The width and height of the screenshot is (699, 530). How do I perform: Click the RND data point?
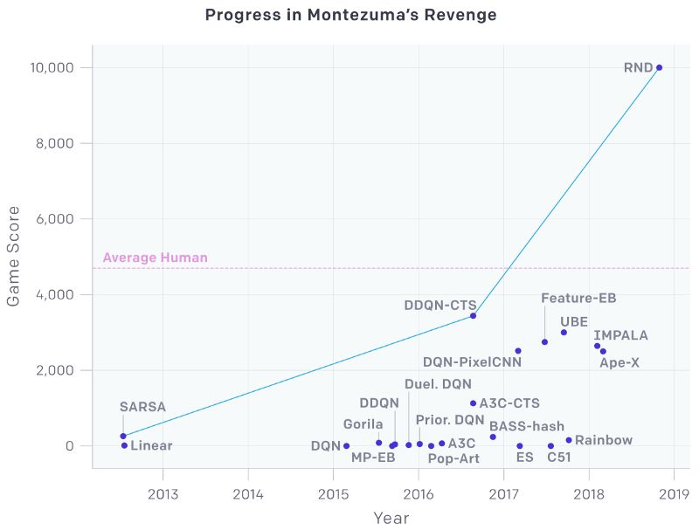[x=660, y=68]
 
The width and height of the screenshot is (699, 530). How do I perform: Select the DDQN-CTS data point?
[x=473, y=316]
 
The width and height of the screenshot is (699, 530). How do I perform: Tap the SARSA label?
[x=142, y=407]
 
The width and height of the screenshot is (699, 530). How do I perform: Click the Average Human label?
[x=156, y=258]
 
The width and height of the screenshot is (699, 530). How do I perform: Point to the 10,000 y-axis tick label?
[x=52, y=68]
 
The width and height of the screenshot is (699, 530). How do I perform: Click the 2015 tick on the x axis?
[x=333, y=494]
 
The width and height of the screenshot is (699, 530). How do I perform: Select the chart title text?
[x=351, y=15]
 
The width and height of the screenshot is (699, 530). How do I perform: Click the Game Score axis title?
[x=13, y=256]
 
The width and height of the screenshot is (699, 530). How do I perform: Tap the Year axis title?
[x=391, y=518]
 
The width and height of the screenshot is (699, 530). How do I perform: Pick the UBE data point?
[x=564, y=333]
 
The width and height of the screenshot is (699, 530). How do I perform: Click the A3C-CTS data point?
[x=473, y=403]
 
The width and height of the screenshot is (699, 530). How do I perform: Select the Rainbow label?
[x=604, y=440]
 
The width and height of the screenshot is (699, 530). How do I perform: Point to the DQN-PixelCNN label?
[x=472, y=362]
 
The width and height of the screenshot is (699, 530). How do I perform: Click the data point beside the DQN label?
[x=346, y=446]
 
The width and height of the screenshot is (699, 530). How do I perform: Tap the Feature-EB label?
[x=578, y=298]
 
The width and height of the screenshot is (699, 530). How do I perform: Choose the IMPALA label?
[x=620, y=335]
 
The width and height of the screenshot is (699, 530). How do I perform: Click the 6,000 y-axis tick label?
[x=54, y=218]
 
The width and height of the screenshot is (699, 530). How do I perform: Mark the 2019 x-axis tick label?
[x=674, y=494]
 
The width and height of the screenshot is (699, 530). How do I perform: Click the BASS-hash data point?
[x=493, y=437]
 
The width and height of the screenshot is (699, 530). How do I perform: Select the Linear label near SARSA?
[x=151, y=445]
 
